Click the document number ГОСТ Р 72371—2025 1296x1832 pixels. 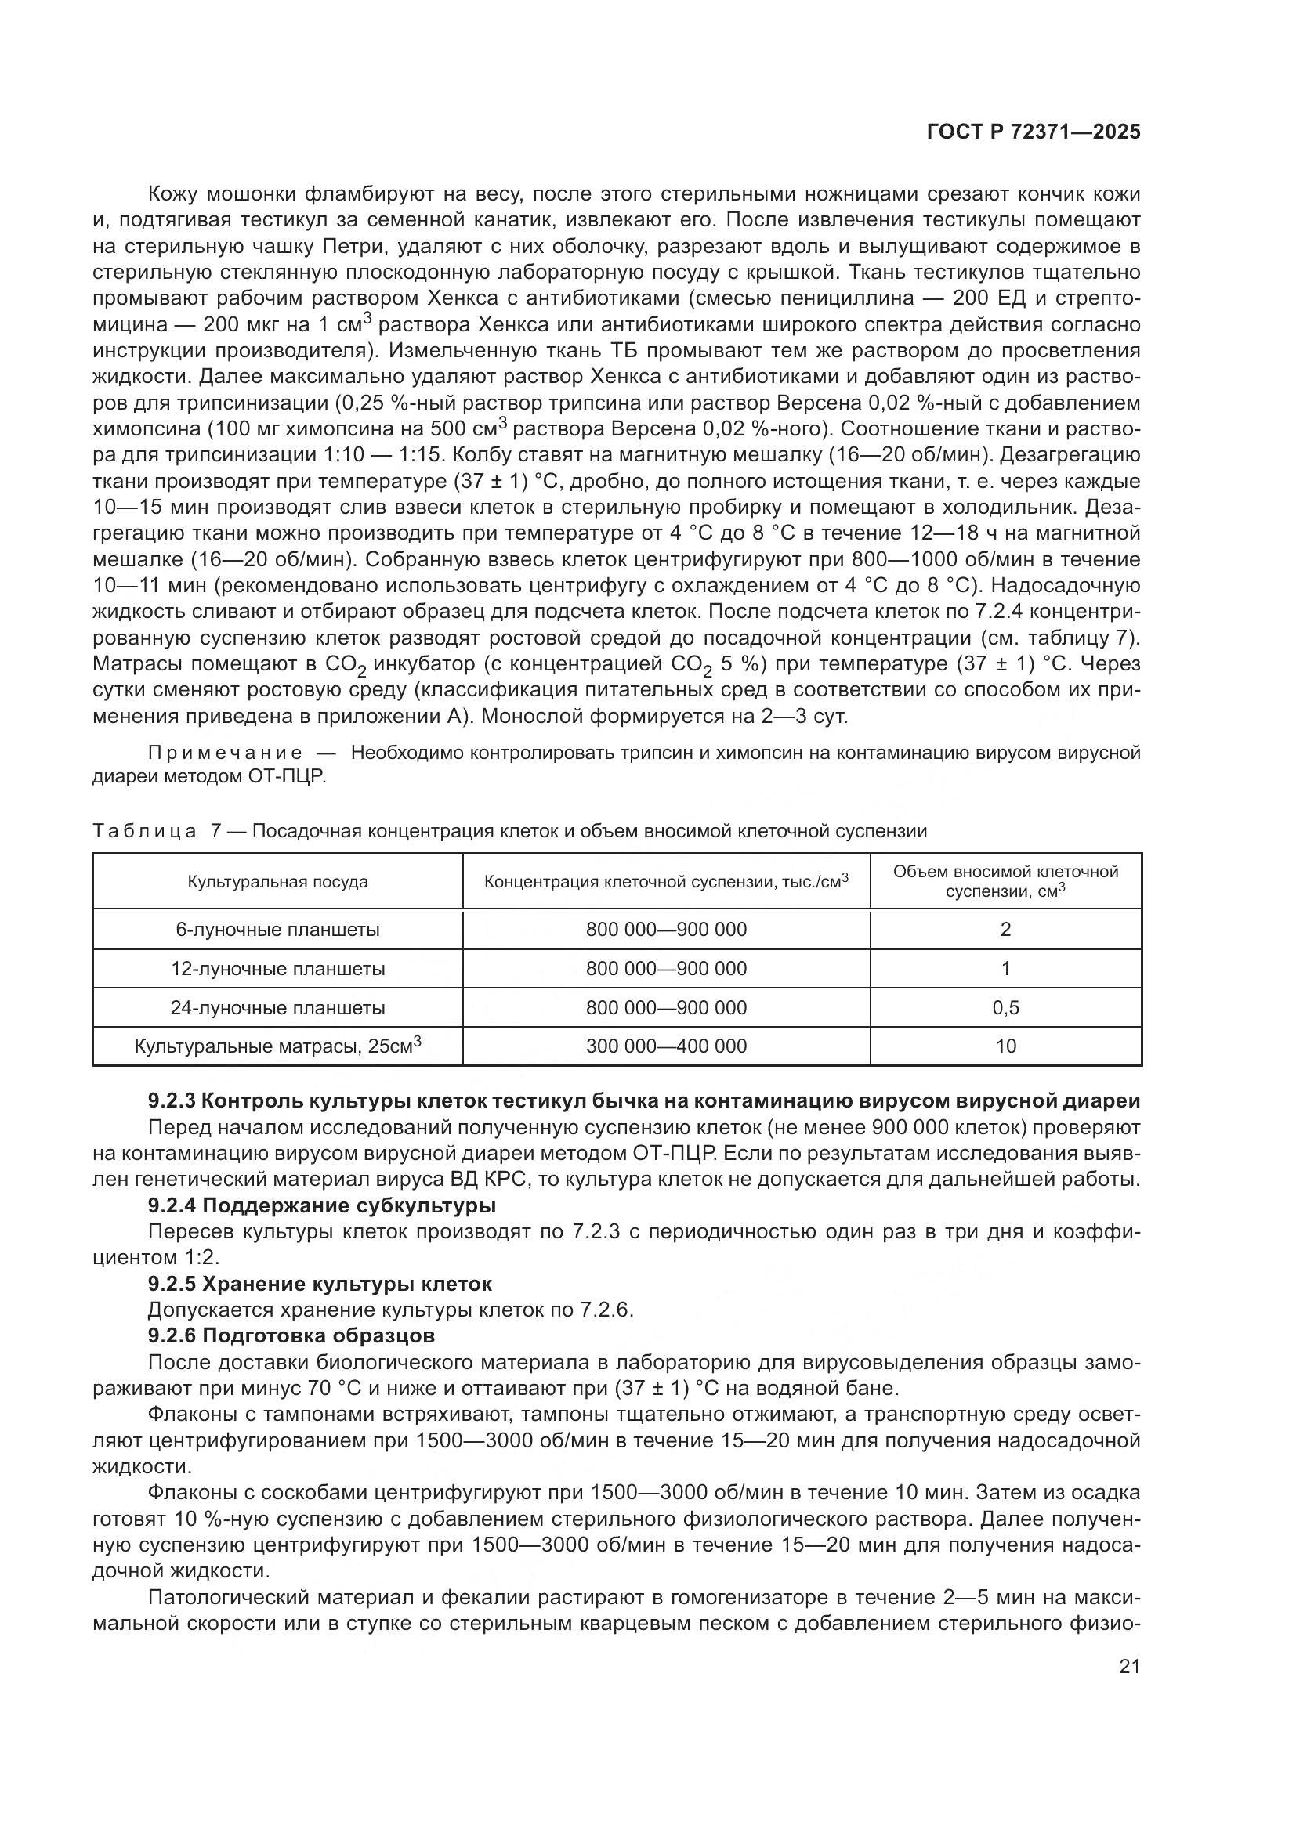click(1034, 132)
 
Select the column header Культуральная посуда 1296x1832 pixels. click(277, 882)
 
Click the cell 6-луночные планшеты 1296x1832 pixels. click(277, 930)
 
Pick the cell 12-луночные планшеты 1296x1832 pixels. click(277, 969)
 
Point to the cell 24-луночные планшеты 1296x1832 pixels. click(277, 1008)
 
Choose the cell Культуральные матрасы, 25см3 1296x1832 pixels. click(277, 1046)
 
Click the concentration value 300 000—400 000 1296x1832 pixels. click(666, 1046)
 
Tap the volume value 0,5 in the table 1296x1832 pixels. click(1005, 1008)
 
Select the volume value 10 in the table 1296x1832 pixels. click(1005, 1046)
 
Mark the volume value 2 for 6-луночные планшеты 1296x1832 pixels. click(1005, 930)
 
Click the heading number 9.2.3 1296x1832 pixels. click(172, 1101)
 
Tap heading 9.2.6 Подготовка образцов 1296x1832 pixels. click(291, 1335)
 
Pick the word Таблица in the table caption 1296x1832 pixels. click(144, 832)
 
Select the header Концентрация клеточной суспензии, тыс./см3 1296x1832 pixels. click(666, 882)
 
